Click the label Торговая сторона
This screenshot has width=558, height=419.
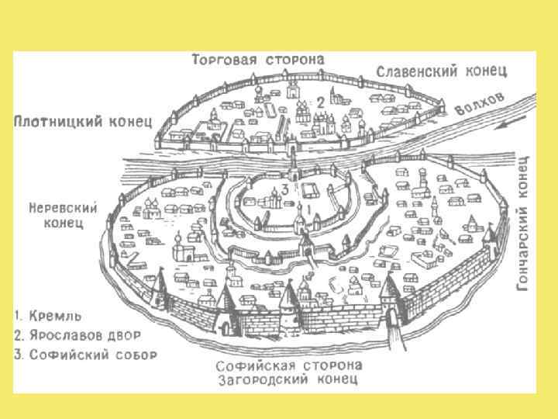click(258, 60)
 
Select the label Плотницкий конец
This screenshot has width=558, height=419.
click(83, 122)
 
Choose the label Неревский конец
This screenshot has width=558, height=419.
click(63, 215)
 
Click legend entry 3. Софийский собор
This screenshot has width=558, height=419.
click(85, 355)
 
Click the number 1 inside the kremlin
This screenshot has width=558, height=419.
click(312, 208)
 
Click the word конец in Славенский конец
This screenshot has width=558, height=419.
click(487, 71)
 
